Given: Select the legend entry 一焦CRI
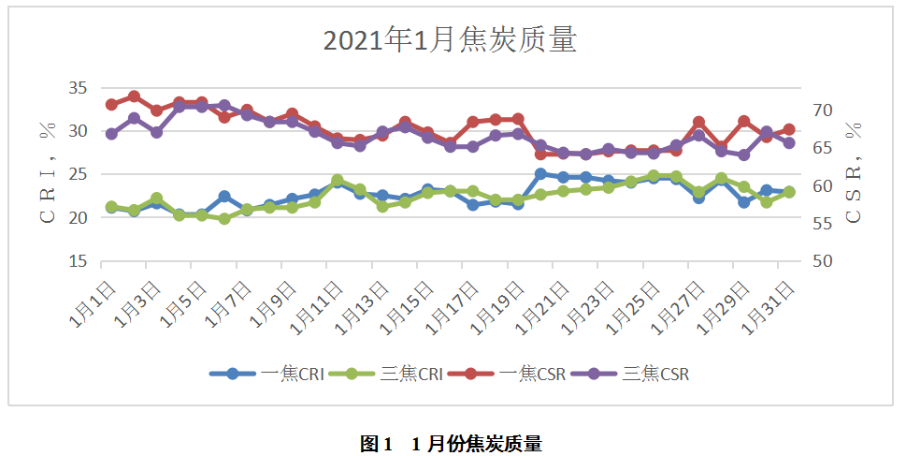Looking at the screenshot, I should tap(280, 374).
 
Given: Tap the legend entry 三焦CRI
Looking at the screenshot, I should tap(399, 374).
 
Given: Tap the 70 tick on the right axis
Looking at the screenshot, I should tap(822, 110).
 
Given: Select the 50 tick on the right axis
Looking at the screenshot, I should tap(822, 261).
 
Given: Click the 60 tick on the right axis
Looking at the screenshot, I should tap(822, 185).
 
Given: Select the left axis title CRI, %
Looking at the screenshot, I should tap(47, 174).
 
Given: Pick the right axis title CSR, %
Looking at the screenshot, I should tap(853, 174).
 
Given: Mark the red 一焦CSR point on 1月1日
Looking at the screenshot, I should tap(111, 104).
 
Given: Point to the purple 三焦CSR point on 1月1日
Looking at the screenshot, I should tap(111, 134).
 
